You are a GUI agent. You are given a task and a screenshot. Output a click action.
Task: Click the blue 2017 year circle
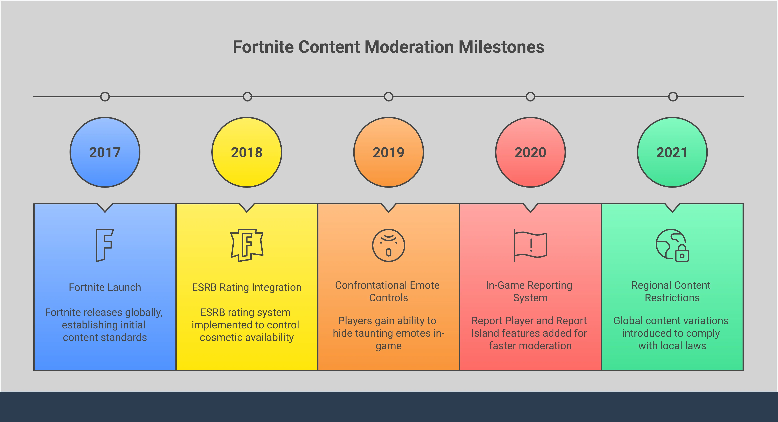tap(105, 152)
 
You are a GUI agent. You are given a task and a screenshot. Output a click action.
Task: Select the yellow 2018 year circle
tap(247, 152)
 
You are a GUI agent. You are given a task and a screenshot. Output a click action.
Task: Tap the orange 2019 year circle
tap(388, 152)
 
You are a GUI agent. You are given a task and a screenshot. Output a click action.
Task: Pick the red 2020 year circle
tap(530, 152)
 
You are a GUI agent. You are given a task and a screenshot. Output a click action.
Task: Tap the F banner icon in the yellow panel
tap(247, 245)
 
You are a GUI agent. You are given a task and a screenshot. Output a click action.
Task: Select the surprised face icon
tap(388, 245)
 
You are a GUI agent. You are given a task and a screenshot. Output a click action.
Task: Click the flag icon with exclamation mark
tap(530, 245)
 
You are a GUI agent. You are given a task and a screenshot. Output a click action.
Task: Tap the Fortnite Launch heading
tap(105, 287)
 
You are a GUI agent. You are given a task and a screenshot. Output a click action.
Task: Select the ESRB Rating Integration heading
tap(247, 287)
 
